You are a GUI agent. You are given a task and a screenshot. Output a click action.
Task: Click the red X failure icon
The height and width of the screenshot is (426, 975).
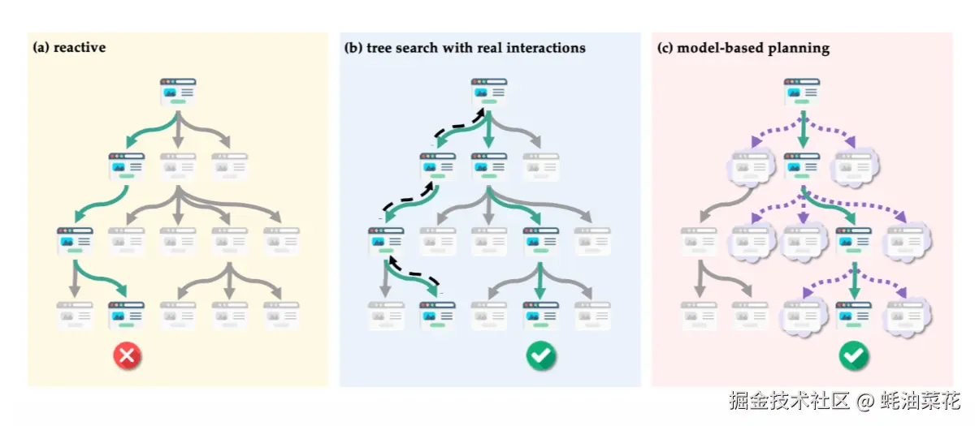point(127,355)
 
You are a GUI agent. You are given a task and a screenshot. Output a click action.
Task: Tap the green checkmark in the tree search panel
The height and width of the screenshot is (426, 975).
point(540,355)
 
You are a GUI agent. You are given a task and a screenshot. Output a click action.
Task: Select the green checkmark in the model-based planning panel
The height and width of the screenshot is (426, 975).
point(854,355)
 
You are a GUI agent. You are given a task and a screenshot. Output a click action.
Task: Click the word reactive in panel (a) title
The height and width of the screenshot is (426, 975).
point(80,47)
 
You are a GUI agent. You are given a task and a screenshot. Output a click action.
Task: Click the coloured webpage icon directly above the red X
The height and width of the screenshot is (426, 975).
point(126,315)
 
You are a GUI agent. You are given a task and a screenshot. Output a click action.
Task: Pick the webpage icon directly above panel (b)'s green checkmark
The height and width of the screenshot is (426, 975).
point(540,315)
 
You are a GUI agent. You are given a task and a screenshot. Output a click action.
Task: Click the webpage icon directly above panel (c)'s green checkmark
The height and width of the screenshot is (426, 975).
point(854,315)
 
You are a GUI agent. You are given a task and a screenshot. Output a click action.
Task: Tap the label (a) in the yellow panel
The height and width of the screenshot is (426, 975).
point(41,47)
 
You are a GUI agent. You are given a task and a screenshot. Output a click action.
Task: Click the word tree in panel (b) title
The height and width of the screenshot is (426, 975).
point(379,48)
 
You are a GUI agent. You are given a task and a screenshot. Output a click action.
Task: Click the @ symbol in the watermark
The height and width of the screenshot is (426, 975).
point(864,401)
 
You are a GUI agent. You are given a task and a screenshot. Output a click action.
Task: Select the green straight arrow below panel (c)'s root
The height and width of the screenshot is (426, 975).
point(803,129)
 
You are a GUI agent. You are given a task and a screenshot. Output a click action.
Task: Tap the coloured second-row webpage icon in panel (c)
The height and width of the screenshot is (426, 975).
point(802,167)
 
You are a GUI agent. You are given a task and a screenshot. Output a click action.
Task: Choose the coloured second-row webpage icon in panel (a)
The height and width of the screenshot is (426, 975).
point(126,167)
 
